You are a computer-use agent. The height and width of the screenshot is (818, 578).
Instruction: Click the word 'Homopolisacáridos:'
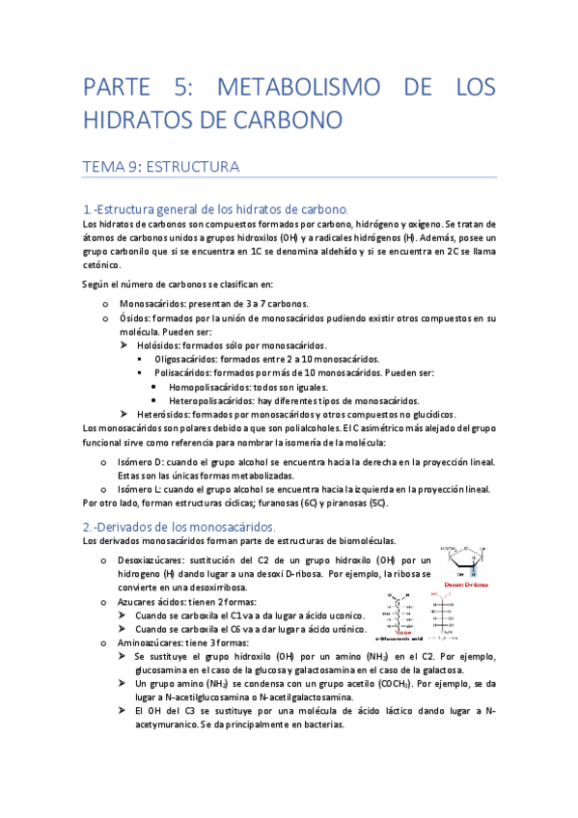211,387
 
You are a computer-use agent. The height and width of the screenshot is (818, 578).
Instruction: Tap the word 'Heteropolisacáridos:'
214,400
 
